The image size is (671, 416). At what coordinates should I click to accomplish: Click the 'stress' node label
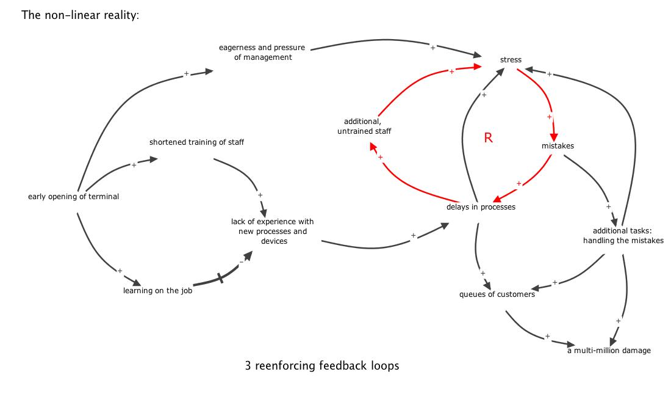tap(511, 60)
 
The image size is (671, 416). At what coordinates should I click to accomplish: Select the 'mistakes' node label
tap(558, 146)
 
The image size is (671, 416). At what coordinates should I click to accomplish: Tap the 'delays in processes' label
tap(481, 207)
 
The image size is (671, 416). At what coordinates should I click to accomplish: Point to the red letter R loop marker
tap(488, 138)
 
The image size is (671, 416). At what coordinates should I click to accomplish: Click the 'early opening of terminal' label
tap(73, 197)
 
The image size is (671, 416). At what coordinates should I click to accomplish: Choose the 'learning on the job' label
tap(157, 291)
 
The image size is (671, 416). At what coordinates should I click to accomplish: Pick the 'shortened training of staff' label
tap(196, 142)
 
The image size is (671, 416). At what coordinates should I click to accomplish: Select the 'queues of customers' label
tap(497, 294)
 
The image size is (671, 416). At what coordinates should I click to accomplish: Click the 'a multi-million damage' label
tap(609, 351)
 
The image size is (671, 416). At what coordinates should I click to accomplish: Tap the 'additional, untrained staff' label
tap(364, 126)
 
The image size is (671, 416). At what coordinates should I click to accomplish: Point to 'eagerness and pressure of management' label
tap(262, 53)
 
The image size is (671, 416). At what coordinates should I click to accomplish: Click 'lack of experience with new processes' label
tap(272, 231)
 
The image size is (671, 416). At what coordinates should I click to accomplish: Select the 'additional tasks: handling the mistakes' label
tap(623, 236)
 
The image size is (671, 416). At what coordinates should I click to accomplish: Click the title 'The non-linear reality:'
tap(80, 15)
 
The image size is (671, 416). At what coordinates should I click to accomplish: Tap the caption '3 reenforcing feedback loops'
tap(321, 366)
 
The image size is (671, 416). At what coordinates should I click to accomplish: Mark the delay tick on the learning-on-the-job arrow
tap(220, 278)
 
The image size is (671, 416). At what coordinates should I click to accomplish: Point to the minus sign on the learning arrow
tap(241, 261)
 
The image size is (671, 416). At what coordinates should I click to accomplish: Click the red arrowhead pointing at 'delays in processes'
tap(497, 199)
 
